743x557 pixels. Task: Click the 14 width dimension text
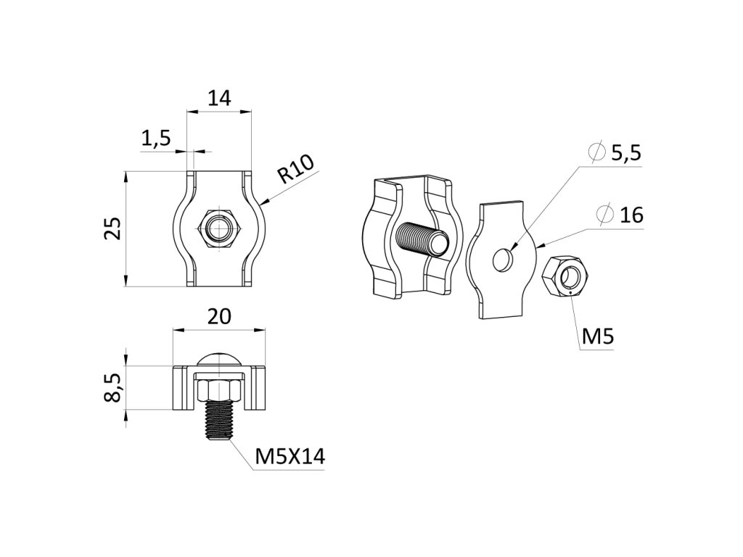[x=219, y=98]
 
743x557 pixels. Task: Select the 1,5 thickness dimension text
[x=155, y=137]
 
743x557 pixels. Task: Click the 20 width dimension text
[x=219, y=316]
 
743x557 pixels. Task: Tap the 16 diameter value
[x=632, y=215]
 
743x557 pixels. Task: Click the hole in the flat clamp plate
[x=502, y=258]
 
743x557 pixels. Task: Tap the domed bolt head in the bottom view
[x=219, y=360]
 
